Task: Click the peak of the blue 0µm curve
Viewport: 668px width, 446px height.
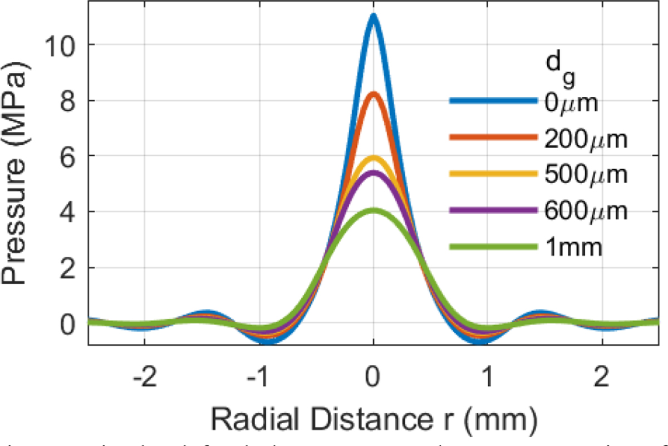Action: [x=373, y=17]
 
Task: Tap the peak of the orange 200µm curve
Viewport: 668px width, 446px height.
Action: [x=373, y=94]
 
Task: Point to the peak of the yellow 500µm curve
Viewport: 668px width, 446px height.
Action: [x=373, y=158]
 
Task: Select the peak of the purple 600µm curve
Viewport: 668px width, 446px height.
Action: [x=373, y=173]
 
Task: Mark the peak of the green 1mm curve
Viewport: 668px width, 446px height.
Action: [x=373, y=211]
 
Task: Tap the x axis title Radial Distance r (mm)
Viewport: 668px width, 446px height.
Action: [x=373, y=416]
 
